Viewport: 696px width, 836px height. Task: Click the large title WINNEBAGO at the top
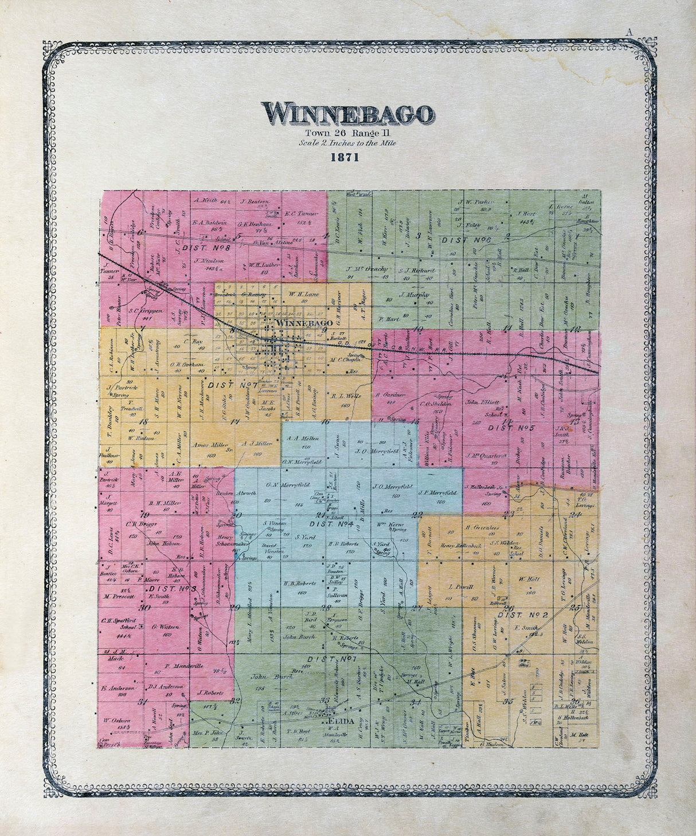pyautogui.click(x=347, y=114)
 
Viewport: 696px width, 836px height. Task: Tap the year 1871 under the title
pyautogui.click(x=344, y=158)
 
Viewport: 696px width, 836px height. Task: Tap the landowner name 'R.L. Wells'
pyautogui.click(x=345, y=395)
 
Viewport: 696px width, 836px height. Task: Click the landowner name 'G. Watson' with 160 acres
pyautogui.click(x=162, y=627)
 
